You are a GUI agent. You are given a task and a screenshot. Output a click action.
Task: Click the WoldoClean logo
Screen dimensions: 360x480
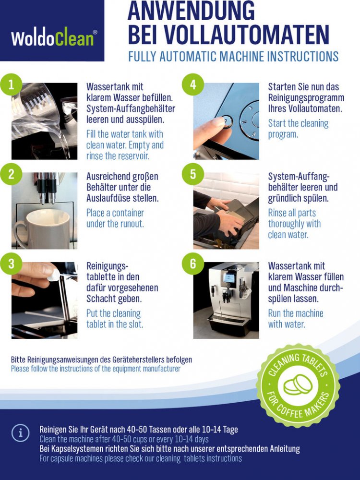tap(54, 37)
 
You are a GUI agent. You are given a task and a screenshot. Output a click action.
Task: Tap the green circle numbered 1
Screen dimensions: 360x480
tap(11, 84)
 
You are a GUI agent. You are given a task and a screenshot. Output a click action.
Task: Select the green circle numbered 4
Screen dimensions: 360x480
tap(193, 84)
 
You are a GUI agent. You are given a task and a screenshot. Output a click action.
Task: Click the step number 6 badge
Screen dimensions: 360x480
tap(193, 264)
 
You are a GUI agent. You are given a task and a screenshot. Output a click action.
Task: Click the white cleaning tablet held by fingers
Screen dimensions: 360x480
tap(54, 276)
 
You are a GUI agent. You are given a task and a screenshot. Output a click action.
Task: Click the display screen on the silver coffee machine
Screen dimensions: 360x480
tap(229, 277)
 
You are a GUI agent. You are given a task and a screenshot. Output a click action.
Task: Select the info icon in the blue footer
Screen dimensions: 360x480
tap(20, 433)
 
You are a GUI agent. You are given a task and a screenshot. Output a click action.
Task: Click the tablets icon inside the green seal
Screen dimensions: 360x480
tap(298, 385)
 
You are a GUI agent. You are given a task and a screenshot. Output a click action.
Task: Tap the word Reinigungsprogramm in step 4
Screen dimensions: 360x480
tap(306, 98)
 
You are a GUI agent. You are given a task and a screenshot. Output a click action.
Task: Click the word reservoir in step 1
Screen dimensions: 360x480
tap(133, 156)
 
